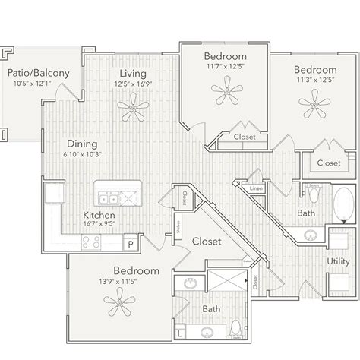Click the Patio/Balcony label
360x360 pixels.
click(x=39, y=73)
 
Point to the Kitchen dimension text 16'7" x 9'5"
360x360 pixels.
click(x=99, y=224)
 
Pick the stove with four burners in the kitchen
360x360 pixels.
click(x=91, y=242)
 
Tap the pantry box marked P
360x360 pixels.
click(x=130, y=245)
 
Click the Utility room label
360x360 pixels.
click(x=338, y=261)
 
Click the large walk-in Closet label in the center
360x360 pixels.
click(x=206, y=242)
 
